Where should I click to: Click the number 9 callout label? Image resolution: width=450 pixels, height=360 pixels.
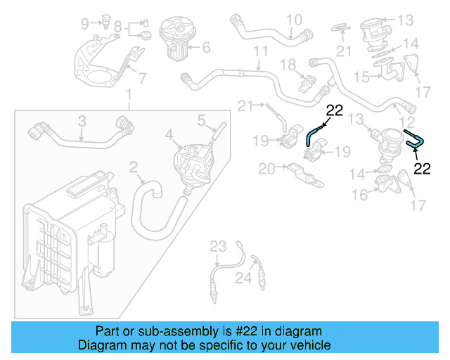pos(85,24)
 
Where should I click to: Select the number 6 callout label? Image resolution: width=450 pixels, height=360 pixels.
pos(206,49)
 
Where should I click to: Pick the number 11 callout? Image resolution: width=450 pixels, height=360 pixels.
pos(261,52)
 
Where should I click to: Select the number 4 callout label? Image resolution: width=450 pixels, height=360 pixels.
pos(169,133)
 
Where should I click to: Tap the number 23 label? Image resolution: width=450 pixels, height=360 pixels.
pos(219,245)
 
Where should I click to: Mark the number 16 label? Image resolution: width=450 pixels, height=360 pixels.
pos(359,195)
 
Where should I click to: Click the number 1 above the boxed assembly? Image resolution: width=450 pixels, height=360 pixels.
pos(129,95)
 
